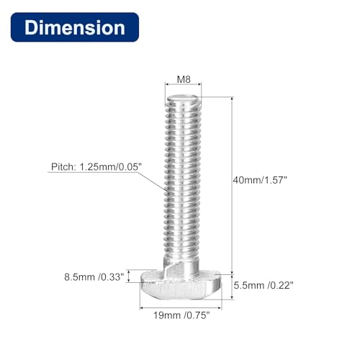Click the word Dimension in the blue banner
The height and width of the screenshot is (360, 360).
coord(74,28)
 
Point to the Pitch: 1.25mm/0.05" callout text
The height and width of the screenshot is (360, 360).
coord(96,166)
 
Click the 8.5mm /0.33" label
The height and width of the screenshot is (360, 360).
coord(94,275)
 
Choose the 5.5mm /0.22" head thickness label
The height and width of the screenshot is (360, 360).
coord(263,284)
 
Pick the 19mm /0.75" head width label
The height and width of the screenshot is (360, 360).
coord(184,315)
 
